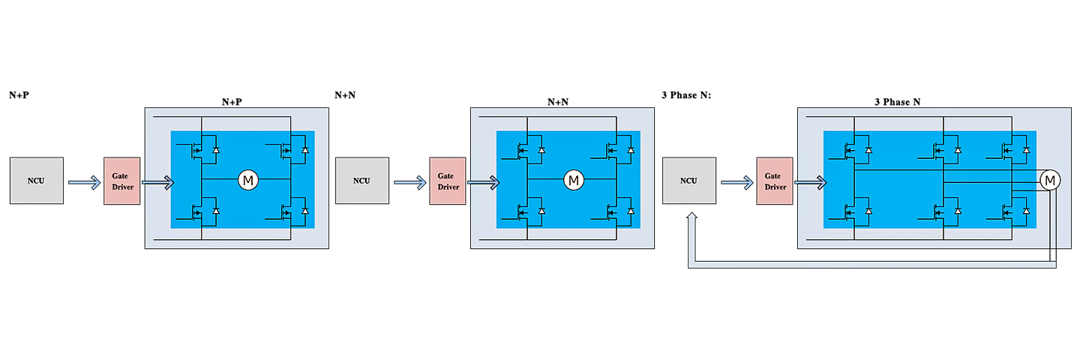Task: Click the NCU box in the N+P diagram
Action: (x=37, y=181)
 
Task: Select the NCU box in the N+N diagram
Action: (x=361, y=181)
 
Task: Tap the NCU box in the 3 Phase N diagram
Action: (x=688, y=181)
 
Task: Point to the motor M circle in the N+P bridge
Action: (x=247, y=180)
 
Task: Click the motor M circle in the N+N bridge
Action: (x=574, y=180)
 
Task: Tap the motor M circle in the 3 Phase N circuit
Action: (x=1049, y=180)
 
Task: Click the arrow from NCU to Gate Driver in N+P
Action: (x=84, y=181)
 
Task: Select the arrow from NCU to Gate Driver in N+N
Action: (x=409, y=181)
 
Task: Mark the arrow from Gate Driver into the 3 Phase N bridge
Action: (x=811, y=181)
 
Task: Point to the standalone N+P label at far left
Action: (x=19, y=95)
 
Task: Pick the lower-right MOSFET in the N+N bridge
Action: (x=614, y=213)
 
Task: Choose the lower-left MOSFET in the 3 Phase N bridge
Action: (x=851, y=213)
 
